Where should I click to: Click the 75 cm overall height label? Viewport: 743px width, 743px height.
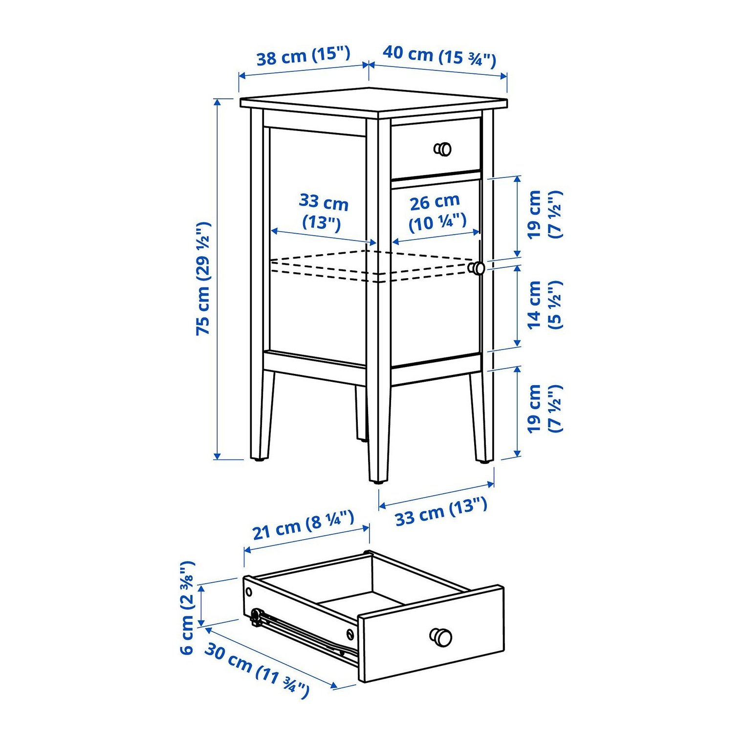pos(203,278)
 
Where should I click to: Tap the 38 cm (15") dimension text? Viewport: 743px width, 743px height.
pos(303,56)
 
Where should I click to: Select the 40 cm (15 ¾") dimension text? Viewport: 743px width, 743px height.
pos(439,55)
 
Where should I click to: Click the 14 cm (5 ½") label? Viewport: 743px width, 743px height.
pos(544,305)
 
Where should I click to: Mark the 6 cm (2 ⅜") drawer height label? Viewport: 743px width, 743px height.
pos(187,608)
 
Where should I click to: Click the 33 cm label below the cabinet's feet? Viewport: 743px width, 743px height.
pos(441,511)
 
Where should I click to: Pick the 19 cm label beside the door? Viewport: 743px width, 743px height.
pos(544,214)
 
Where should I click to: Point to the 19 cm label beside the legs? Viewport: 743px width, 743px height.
pos(544,409)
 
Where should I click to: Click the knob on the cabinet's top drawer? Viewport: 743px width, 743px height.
pos(443,149)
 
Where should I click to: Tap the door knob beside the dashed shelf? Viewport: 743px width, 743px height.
pos(476,268)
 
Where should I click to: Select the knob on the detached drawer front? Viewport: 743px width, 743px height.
pos(441,637)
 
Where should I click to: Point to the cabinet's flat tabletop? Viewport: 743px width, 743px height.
pos(373,101)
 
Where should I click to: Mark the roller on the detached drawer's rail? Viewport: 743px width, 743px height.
pos(255,617)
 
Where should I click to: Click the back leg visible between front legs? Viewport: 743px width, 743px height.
pos(361,413)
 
